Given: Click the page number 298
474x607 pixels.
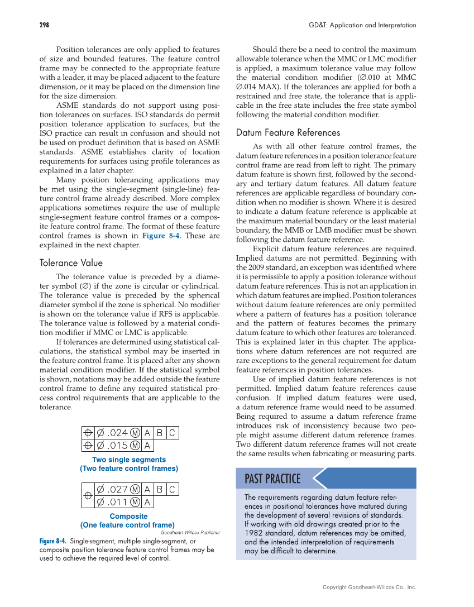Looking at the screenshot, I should (44, 25).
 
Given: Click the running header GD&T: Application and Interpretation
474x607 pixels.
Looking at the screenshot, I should (362, 25).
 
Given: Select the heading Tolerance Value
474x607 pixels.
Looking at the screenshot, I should (71, 263).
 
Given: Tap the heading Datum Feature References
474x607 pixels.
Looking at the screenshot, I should (288, 133).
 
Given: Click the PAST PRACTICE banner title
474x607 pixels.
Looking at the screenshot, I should (272, 479).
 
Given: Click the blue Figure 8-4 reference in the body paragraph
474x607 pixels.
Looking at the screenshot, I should (161, 236).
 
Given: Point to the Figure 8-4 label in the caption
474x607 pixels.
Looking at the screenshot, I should (53, 542).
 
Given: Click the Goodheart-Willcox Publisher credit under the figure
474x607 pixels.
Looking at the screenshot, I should (190, 533).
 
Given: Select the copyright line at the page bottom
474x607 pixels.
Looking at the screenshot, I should (369, 587).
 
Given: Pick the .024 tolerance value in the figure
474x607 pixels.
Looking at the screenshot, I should (117, 432).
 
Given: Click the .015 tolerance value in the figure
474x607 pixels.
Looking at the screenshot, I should (117, 446).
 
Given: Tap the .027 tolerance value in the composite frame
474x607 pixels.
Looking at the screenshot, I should (117, 490).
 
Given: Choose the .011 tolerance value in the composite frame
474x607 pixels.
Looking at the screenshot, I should (117, 502).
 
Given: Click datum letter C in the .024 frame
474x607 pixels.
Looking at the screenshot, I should (172, 432).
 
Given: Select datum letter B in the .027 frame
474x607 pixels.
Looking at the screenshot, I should (159, 490).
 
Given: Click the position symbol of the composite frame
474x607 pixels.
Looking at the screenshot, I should (88, 496).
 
